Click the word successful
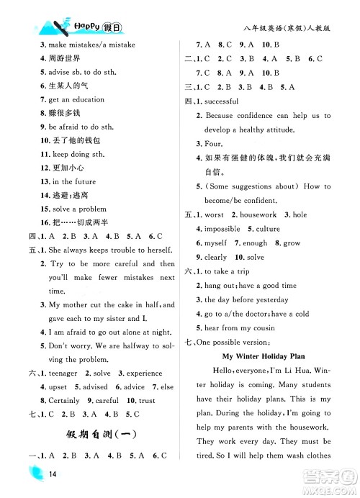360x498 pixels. [226, 102]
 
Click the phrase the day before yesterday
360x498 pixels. [245, 299]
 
